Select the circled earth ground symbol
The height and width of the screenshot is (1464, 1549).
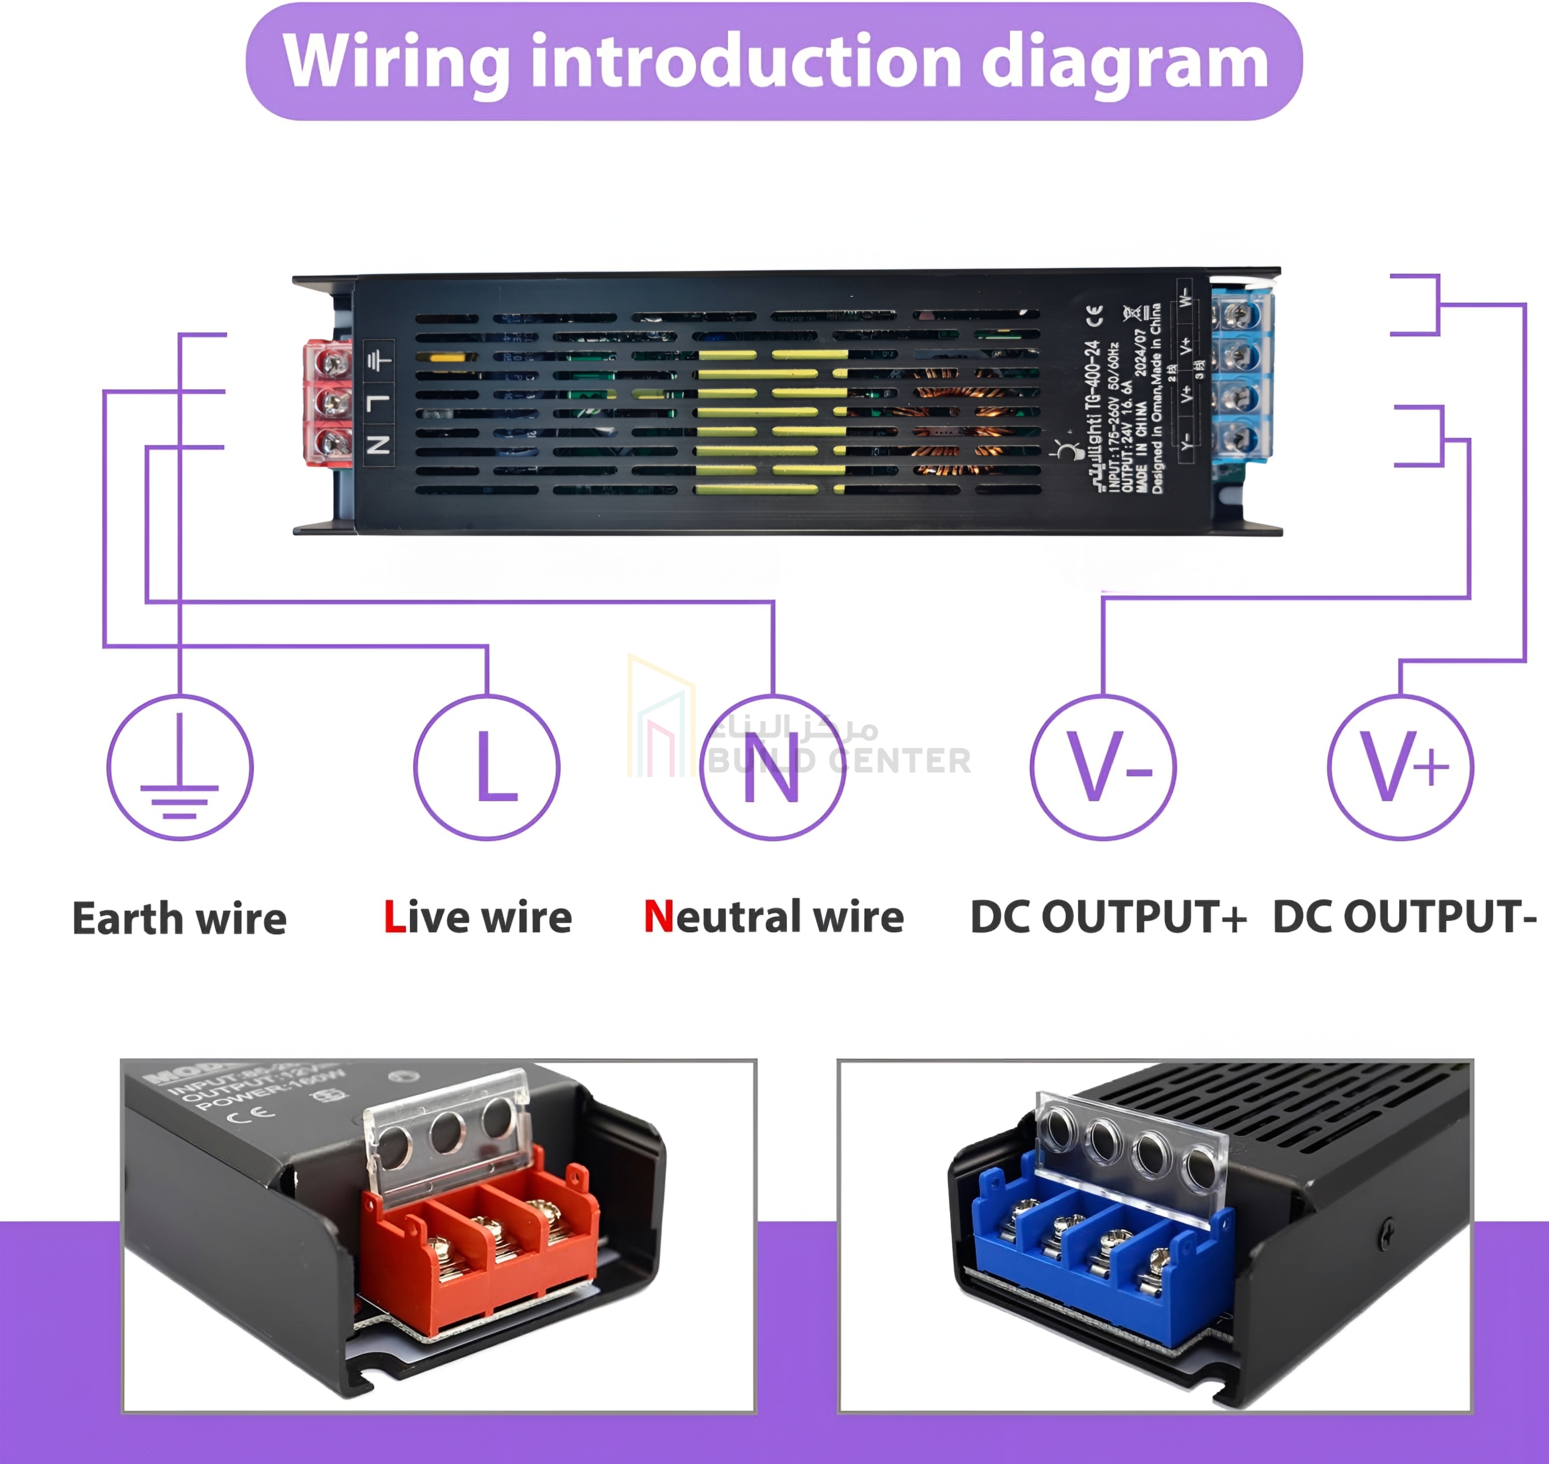coord(180,767)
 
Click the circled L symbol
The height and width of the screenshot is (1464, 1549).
coord(487,767)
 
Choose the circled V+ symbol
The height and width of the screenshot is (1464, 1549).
coord(1401,767)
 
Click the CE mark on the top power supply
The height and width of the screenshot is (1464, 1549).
coord(1095,316)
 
